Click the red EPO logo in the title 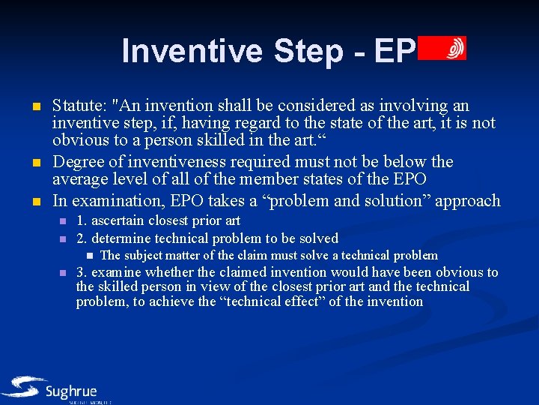pyautogui.click(x=442, y=48)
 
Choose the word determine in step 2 pyautogui.click(x=124, y=238)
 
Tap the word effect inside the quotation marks pyautogui.click(x=317, y=301)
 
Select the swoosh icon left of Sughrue pyautogui.click(x=22, y=387)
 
